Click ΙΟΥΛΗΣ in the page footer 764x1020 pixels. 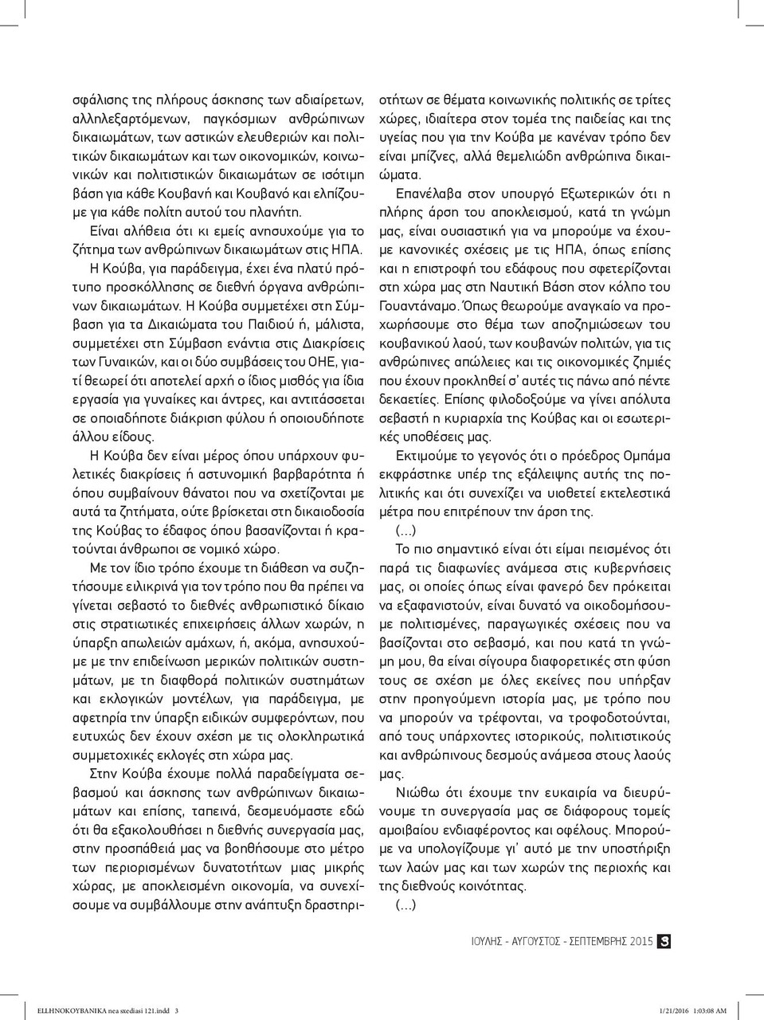coord(484,942)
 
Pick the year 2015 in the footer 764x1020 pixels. coord(641,942)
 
